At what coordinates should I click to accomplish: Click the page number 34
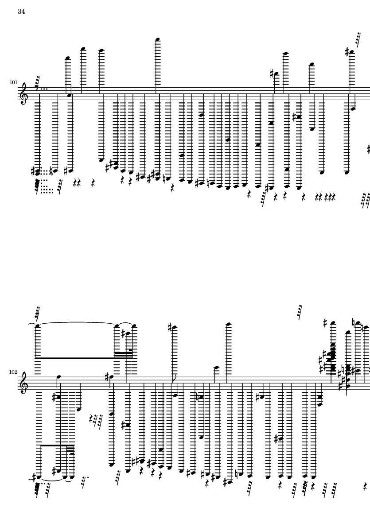[21, 12]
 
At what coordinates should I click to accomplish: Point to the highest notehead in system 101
[157, 39]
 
